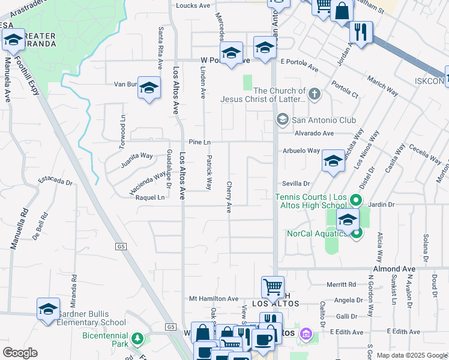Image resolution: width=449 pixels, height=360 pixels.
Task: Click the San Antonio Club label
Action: (x=324, y=121)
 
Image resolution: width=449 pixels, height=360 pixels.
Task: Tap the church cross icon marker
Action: (x=313, y=94)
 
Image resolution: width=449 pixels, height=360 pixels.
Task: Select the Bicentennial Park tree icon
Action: (x=137, y=339)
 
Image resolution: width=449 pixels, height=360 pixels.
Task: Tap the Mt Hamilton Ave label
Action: (x=214, y=299)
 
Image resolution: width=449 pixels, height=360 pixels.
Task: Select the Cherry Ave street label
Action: (x=229, y=197)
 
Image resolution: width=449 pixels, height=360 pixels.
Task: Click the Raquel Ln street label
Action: (x=150, y=197)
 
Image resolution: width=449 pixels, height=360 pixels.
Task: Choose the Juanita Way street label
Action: (x=137, y=159)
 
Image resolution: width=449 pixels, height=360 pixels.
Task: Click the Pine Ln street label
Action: (x=199, y=142)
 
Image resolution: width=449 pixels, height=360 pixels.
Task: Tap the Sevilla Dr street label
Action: (x=297, y=184)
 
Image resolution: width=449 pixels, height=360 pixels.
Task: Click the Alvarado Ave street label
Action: (x=313, y=133)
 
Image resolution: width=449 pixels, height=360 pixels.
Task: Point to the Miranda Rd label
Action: (x=74, y=291)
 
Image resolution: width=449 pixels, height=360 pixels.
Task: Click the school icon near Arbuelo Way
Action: (x=333, y=161)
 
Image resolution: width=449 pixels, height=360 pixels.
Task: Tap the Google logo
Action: (x=20, y=353)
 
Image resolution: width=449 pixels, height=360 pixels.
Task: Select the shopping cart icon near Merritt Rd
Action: (x=273, y=287)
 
